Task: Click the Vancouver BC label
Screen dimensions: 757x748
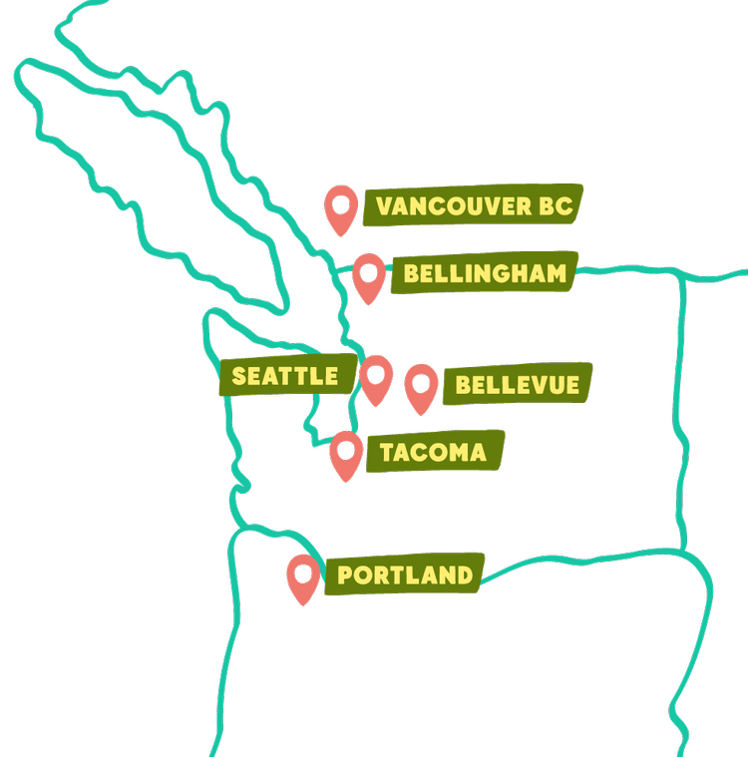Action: tap(473, 206)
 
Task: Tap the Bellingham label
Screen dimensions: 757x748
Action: tap(485, 273)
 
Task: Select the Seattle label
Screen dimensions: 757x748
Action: tap(286, 376)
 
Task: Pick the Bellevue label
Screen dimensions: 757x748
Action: tap(517, 384)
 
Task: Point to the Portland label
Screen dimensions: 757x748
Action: tap(405, 575)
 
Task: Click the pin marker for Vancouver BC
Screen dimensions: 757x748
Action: tap(342, 207)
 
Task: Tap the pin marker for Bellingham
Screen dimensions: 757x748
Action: tap(369, 275)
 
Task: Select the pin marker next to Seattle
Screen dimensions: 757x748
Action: tap(376, 378)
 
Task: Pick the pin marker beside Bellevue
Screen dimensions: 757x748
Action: tap(421, 385)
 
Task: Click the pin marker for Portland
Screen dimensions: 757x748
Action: tap(303, 577)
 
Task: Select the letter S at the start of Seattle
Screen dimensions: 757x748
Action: tap(239, 377)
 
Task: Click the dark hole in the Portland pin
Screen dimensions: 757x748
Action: tap(303, 571)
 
